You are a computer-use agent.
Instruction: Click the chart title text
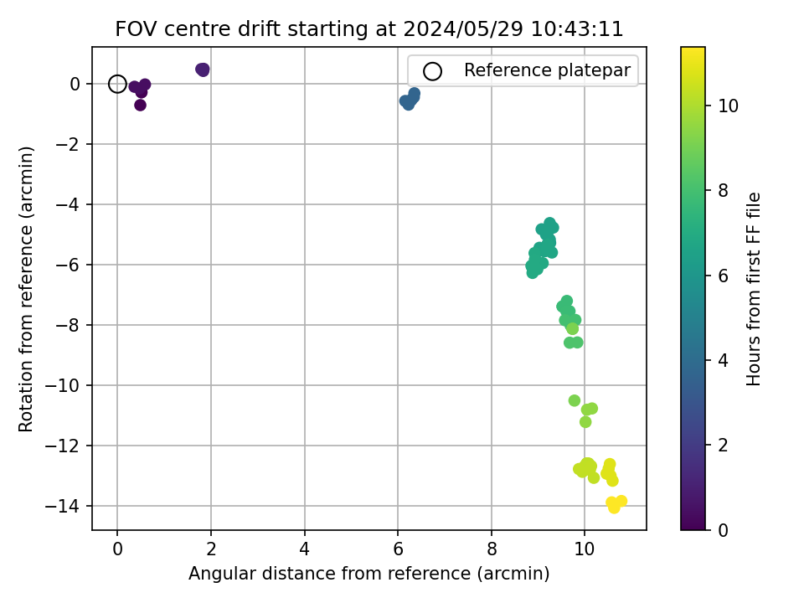coord(369,29)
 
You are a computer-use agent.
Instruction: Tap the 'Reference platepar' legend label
coord(547,70)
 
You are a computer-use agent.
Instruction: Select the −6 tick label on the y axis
coord(68,265)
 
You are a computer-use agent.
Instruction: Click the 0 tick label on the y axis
coord(75,84)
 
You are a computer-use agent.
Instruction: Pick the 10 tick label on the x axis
coord(584,549)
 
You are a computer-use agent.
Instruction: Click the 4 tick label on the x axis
coord(305,549)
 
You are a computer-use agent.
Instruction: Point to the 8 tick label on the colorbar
coord(723,191)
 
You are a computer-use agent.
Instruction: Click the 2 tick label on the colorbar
coord(723,445)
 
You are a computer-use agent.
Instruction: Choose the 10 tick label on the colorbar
coord(728,106)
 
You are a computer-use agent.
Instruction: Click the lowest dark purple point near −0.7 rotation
coord(140,106)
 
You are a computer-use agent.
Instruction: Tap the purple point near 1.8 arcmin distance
coord(203,70)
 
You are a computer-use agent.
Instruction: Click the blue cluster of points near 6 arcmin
coord(410,99)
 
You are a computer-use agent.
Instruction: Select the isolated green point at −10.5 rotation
coord(575,400)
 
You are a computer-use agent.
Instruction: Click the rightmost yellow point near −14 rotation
coord(621,501)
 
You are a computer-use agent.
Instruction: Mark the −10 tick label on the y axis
coord(63,385)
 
